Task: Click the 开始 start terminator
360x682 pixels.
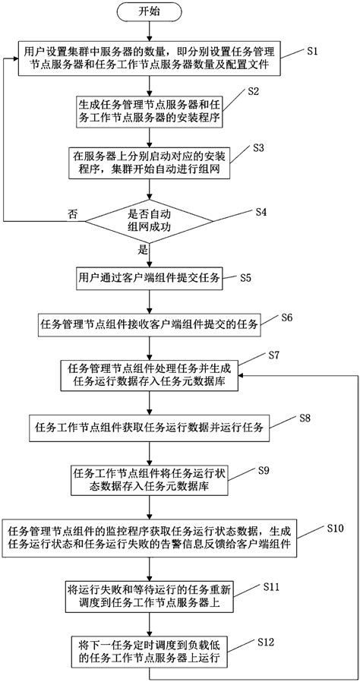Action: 150,12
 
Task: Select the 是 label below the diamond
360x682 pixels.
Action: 141,248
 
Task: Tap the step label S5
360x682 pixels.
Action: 246,278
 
